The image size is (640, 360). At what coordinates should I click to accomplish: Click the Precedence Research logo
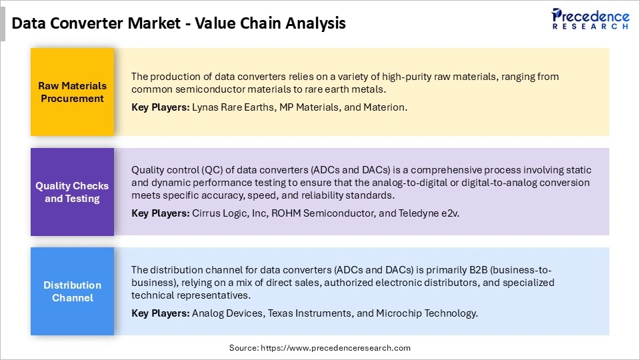(590, 19)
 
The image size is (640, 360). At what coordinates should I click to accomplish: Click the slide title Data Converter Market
(179, 23)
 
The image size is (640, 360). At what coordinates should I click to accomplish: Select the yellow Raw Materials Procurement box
(71, 92)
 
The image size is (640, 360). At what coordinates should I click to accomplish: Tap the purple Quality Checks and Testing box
(71, 192)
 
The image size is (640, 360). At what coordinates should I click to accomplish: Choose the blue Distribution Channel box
(71, 291)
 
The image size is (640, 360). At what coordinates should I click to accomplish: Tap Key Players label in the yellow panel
(160, 107)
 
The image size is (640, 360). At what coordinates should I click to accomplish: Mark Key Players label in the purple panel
(160, 213)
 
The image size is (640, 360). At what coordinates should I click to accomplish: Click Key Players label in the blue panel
(160, 313)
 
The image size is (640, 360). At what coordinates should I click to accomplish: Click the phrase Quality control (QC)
(169, 170)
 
